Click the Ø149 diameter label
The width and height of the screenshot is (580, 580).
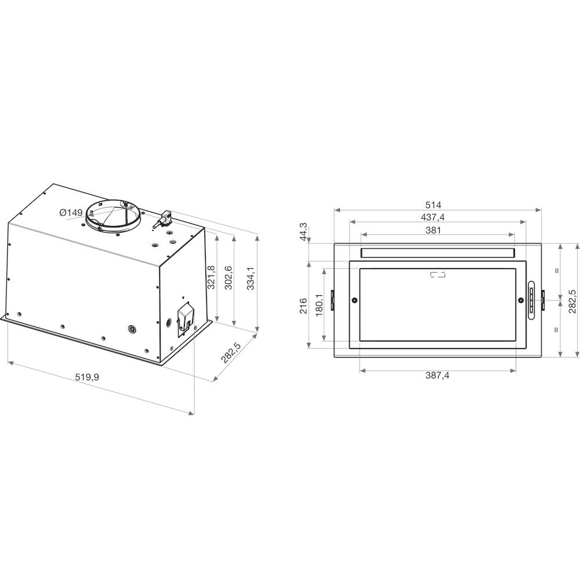coord(71,213)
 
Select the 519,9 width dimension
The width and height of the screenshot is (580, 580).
coord(87,377)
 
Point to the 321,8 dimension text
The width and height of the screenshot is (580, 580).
coord(211,277)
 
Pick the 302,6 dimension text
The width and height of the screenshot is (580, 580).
coord(228,277)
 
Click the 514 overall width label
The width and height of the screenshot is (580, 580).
coord(433,205)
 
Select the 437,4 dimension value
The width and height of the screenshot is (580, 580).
coord(433,217)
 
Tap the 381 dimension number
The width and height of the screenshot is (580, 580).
coord(433,230)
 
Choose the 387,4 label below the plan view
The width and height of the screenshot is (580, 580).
coord(437,375)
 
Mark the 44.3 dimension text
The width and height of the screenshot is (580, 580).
coord(303,232)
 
